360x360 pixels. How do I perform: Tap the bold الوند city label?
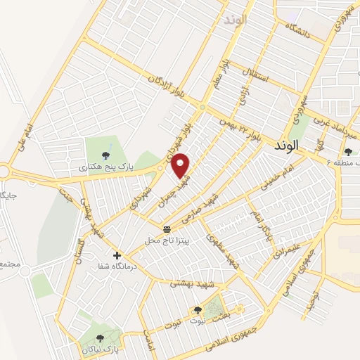[288, 144]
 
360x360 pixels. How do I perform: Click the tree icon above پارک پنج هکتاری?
[105, 155]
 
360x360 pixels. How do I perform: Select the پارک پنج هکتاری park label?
[105, 167]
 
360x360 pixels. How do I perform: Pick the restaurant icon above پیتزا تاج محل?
[167, 229]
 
